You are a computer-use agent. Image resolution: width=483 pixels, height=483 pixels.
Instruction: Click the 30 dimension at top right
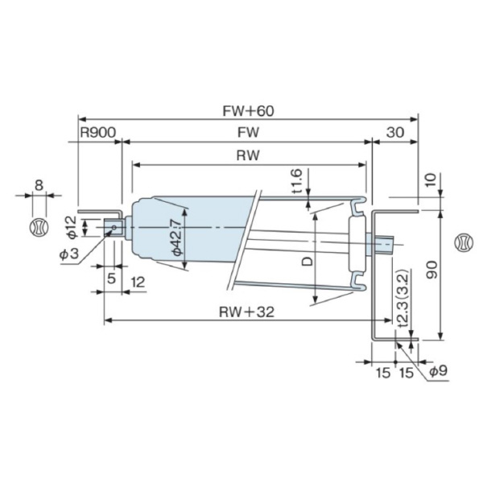point(394,133)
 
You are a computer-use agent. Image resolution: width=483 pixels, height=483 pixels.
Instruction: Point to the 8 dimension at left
point(38,185)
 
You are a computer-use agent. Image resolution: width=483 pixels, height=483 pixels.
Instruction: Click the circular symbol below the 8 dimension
point(37,226)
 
